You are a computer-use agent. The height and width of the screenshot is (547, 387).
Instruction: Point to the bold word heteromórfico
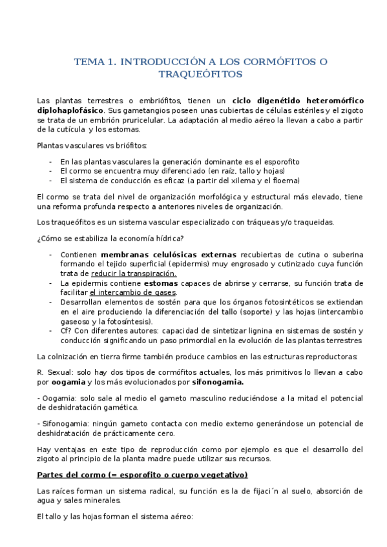(328, 101)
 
